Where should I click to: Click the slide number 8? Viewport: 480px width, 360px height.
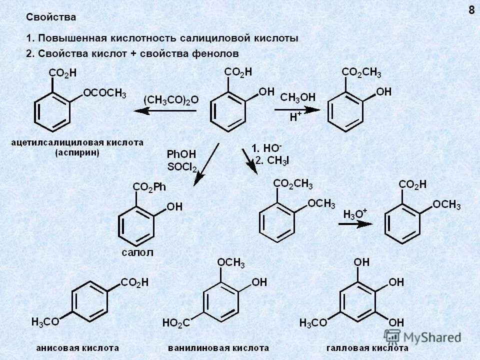tap(471, 10)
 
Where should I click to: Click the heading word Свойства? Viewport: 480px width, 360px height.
tap(51, 17)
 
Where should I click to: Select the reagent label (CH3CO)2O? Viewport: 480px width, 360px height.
tap(171, 100)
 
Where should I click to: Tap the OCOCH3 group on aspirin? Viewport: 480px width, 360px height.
tap(104, 93)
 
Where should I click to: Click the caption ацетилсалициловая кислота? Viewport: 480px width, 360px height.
tap(77, 142)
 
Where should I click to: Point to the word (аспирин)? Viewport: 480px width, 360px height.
tap(77, 153)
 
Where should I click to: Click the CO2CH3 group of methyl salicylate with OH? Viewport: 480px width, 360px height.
tap(361, 73)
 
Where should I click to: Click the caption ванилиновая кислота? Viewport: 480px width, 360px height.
tap(218, 347)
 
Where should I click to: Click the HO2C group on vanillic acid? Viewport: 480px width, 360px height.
tap(175, 323)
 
